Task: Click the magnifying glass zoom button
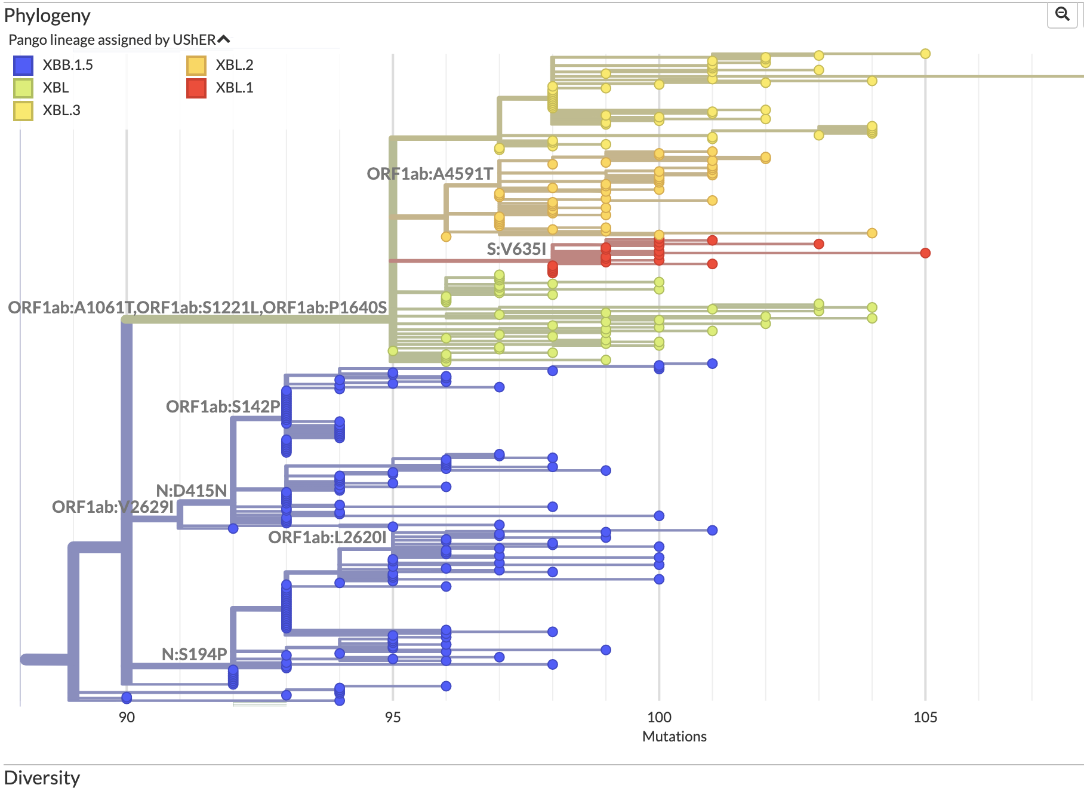pos(1062,14)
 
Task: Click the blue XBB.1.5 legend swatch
pos(23,65)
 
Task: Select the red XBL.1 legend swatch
pos(196,88)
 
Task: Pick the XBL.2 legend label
pos(234,65)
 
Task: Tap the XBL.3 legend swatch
pos(23,110)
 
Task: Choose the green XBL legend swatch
pos(23,88)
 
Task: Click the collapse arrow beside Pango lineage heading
pos(224,39)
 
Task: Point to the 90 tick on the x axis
pos(127,717)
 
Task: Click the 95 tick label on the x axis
pos(393,717)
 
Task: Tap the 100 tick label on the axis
pos(659,717)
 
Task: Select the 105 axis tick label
pos(925,717)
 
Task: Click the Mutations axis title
pos(674,737)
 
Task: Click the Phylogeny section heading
pos(47,16)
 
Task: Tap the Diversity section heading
pos(42,778)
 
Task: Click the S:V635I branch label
pos(516,249)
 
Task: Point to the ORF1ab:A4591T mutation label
pos(430,174)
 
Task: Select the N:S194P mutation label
pos(194,654)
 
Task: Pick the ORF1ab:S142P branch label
pos(223,407)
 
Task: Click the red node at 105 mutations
pos(925,253)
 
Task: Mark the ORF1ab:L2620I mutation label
pos(327,537)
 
